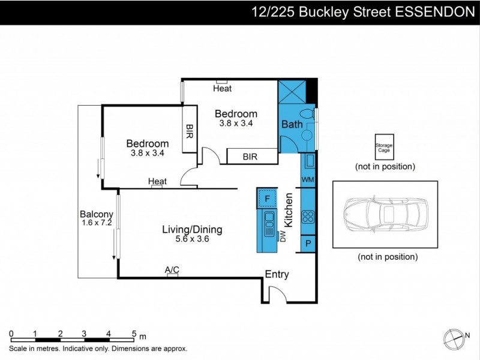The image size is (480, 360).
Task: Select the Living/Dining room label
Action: tap(193, 229)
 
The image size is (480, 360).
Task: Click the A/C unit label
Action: tap(173, 270)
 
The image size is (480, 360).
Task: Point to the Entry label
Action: tap(277, 274)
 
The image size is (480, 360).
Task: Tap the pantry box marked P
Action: tap(308, 244)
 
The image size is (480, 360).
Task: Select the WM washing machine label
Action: tap(308, 179)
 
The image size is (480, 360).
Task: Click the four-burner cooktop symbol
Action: tap(308, 217)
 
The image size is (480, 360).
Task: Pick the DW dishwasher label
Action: tap(283, 236)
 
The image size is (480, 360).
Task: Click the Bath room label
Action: tap(292, 124)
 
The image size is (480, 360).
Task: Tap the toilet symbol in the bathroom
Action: tap(307, 114)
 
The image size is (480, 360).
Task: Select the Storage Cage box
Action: tap(385, 147)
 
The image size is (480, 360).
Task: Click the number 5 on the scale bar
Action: tap(133, 334)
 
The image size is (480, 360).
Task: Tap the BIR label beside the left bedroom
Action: tap(190, 129)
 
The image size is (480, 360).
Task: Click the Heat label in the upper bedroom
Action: tap(222, 88)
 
